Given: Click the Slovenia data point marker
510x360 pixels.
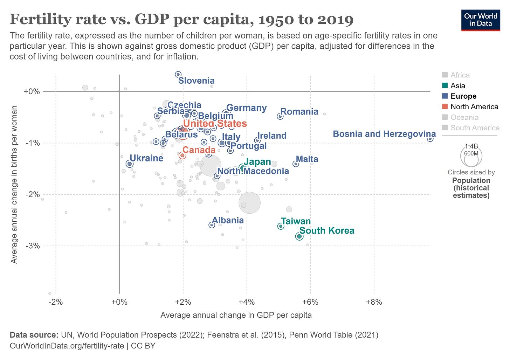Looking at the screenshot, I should (178, 74).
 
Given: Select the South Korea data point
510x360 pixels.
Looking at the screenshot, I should (299, 236).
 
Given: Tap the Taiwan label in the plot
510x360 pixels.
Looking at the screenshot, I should (296, 221).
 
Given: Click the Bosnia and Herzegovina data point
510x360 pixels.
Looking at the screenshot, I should (430, 139).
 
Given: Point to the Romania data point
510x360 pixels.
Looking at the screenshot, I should (280, 116).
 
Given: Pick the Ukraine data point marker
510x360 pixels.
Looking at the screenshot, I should (129, 164).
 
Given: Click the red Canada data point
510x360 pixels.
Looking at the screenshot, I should (182, 155).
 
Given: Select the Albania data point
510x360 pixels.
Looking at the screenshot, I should (212, 225).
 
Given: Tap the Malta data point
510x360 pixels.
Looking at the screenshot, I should (296, 164).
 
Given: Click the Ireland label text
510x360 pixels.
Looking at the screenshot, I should (272, 136).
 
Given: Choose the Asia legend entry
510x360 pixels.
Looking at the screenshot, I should (457, 86).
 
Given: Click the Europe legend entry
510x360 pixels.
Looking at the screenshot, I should (463, 96).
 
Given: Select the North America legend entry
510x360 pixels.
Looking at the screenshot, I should (474, 107).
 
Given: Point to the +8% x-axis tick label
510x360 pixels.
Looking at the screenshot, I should (374, 302).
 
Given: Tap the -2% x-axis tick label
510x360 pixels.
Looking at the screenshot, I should (56, 302).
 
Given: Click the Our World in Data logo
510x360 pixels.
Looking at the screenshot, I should (481, 20).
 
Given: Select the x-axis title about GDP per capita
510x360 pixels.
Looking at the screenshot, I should (236, 315).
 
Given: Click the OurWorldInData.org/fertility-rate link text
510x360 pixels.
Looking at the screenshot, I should (67, 346).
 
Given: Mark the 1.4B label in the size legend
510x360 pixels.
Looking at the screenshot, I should (471, 146).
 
